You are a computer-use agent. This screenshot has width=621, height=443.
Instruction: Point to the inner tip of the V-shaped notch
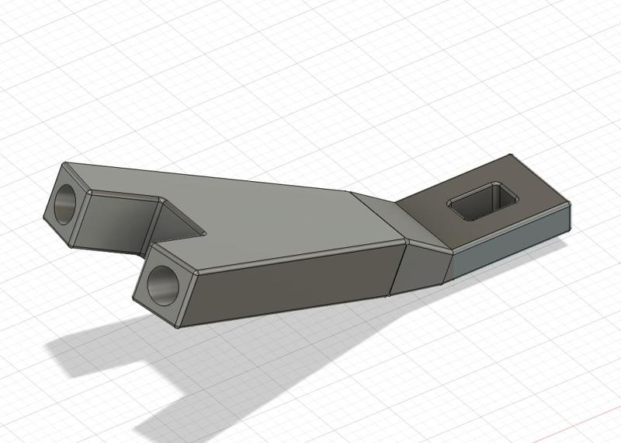(204, 231)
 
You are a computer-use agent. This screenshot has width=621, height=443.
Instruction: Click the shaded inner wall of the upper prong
(116, 221)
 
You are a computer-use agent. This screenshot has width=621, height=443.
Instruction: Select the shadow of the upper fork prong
(85, 350)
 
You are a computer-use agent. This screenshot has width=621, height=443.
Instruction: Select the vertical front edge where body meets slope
(397, 268)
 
